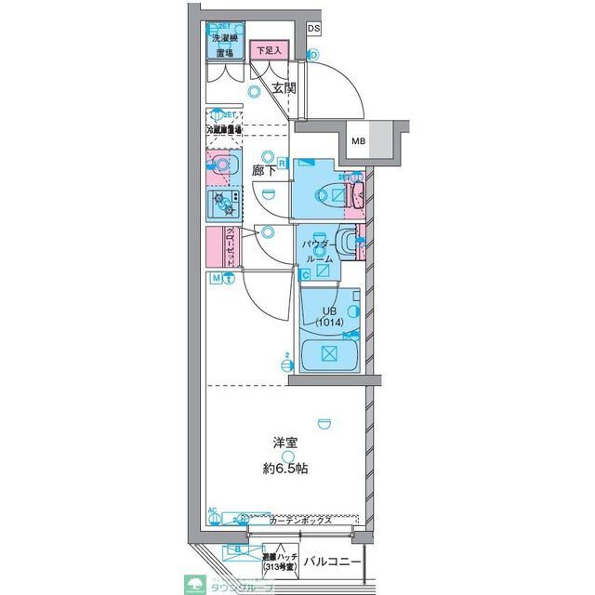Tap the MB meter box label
click(359, 141)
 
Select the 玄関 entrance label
click(284, 89)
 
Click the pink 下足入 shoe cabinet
click(269, 49)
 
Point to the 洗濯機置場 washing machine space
click(226, 45)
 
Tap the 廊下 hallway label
click(265, 170)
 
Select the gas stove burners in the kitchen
click(223, 201)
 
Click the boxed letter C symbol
click(304, 273)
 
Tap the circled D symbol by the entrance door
click(313, 56)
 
